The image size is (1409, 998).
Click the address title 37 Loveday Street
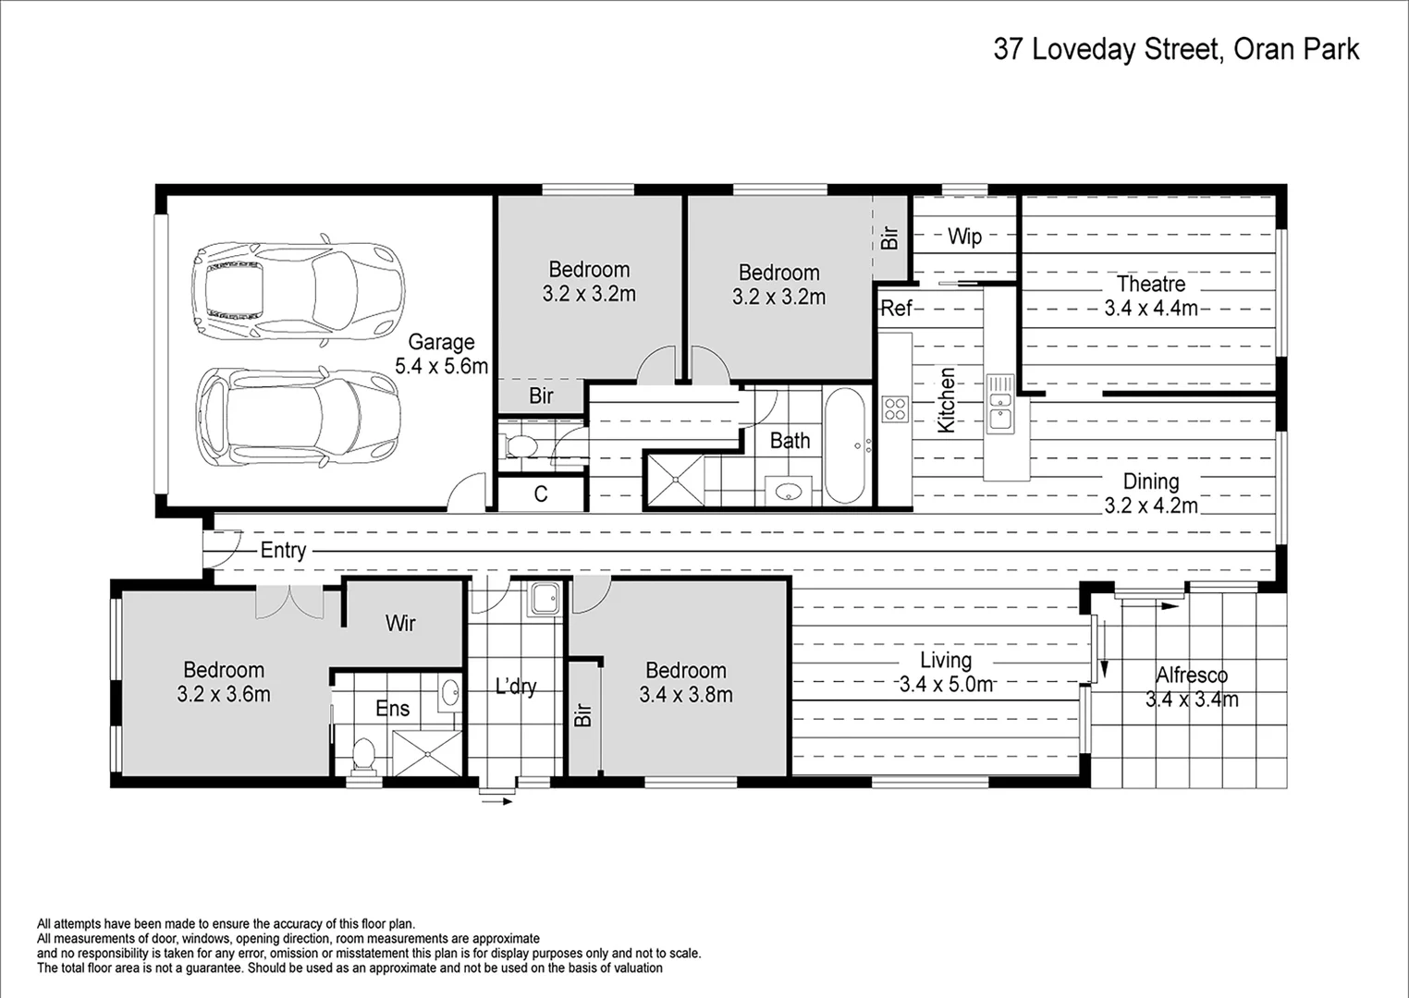[x=1175, y=49]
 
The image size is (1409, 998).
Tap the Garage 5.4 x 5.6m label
[x=441, y=354]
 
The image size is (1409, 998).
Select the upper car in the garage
[x=298, y=288]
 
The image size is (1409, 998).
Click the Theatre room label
[x=1150, y=296]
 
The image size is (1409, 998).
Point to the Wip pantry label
[x=964, y=237]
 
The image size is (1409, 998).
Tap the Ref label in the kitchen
[x=895, y=308]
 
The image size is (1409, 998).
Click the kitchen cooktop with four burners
[x=895, y=408]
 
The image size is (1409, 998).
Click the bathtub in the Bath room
[x=844, y=444]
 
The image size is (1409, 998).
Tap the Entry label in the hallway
[x=283, y=551]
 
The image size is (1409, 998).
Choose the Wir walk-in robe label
[x=400, y=623]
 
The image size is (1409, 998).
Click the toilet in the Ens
[x=363, y=753]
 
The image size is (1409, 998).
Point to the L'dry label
[x=515, y=686]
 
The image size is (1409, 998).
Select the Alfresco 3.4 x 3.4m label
[x=1192, y=688]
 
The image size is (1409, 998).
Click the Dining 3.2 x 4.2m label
[x=1150, y=493]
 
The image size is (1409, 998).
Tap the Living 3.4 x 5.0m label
[x=945, y=672]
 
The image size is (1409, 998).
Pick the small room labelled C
[x=541, y=494]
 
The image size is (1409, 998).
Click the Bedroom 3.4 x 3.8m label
[x=685, y=682]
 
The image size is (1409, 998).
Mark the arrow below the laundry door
[x=496, y=801]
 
